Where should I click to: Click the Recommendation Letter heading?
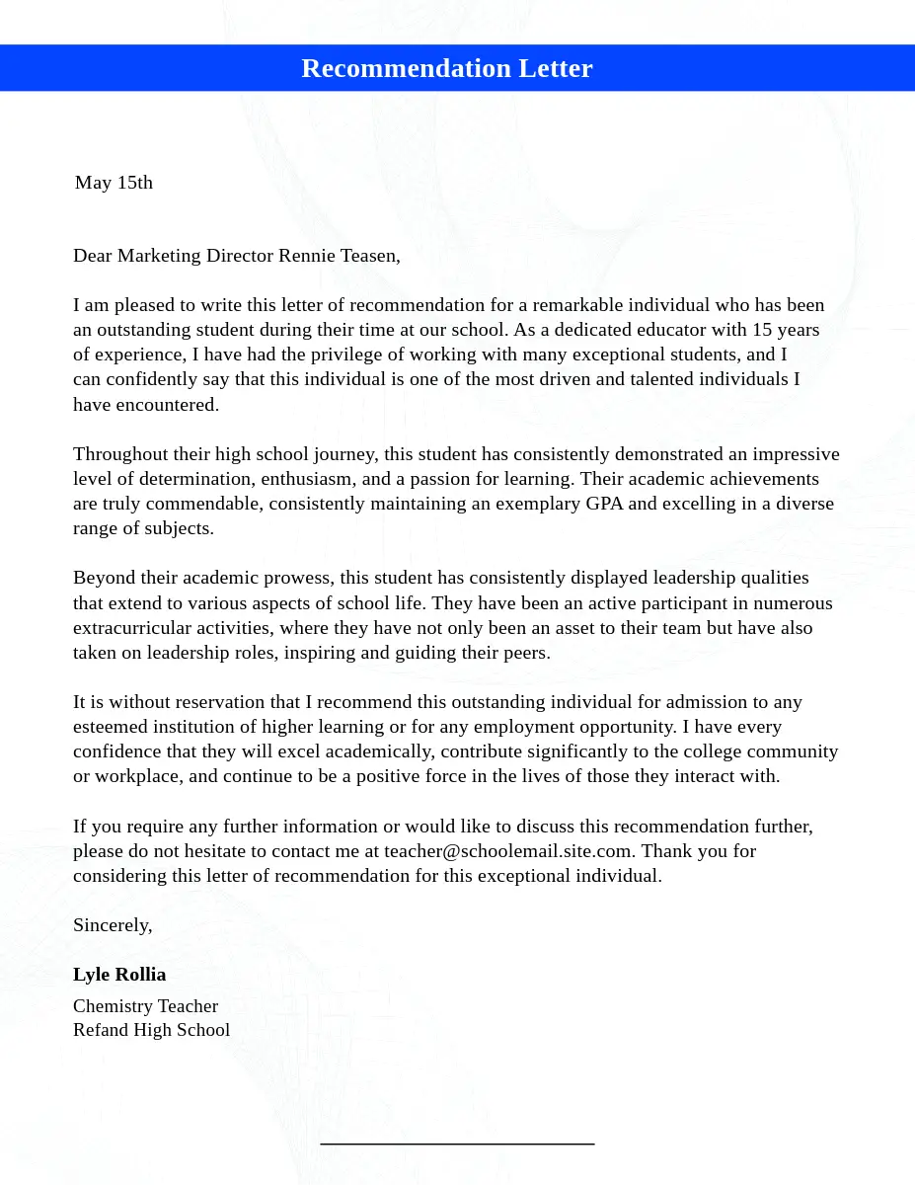(x=446, y=68)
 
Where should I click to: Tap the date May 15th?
(x=114, y=183)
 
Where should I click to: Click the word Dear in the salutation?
(x=93, y=256)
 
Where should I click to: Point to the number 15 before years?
(x=762, y=330)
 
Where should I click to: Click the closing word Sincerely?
(x=112, y=925)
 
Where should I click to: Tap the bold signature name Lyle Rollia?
(x=119, y=975)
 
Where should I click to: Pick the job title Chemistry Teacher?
(x=145, y=1006)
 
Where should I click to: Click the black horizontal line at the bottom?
(x=457, y=1144)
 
